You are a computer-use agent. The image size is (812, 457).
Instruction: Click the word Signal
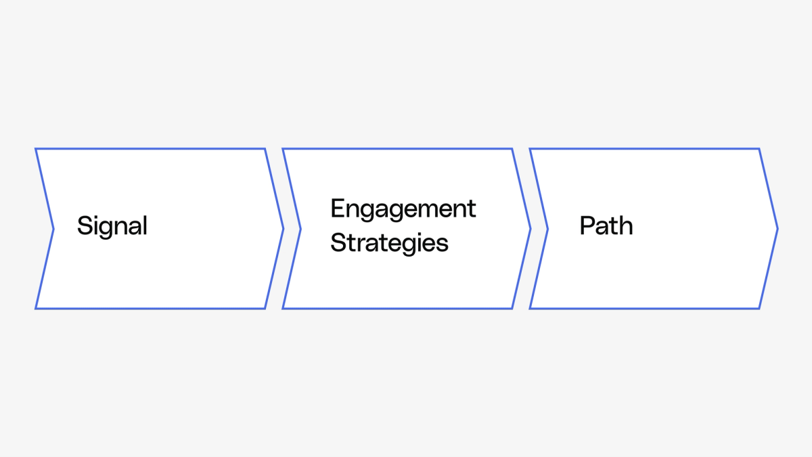(112, 226)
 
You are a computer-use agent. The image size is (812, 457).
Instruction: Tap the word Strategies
(389, 242)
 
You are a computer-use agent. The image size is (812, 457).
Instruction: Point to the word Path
(606, 226)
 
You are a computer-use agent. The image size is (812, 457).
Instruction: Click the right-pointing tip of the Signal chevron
(283, 229)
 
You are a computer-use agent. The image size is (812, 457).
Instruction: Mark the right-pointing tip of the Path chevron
(777, 229)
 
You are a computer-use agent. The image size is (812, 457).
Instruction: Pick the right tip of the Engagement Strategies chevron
(531, 229)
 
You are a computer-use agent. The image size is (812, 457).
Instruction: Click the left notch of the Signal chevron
(53, 229)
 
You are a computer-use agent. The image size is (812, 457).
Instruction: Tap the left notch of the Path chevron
(547, 229)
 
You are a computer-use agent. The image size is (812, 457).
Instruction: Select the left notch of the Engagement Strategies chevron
(300, 229)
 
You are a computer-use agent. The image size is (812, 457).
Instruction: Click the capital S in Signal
(84, 225)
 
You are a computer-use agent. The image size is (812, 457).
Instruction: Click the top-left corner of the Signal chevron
(36, 149)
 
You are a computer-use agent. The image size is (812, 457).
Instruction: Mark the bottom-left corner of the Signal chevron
(36, 309)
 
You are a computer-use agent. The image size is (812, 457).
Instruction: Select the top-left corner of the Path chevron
(530, 149)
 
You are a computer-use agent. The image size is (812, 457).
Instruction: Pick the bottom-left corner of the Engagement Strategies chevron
(283, 309)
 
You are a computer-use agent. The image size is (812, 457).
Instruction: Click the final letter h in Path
(626, 225)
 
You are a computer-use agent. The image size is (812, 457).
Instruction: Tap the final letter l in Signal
(145, 225)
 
